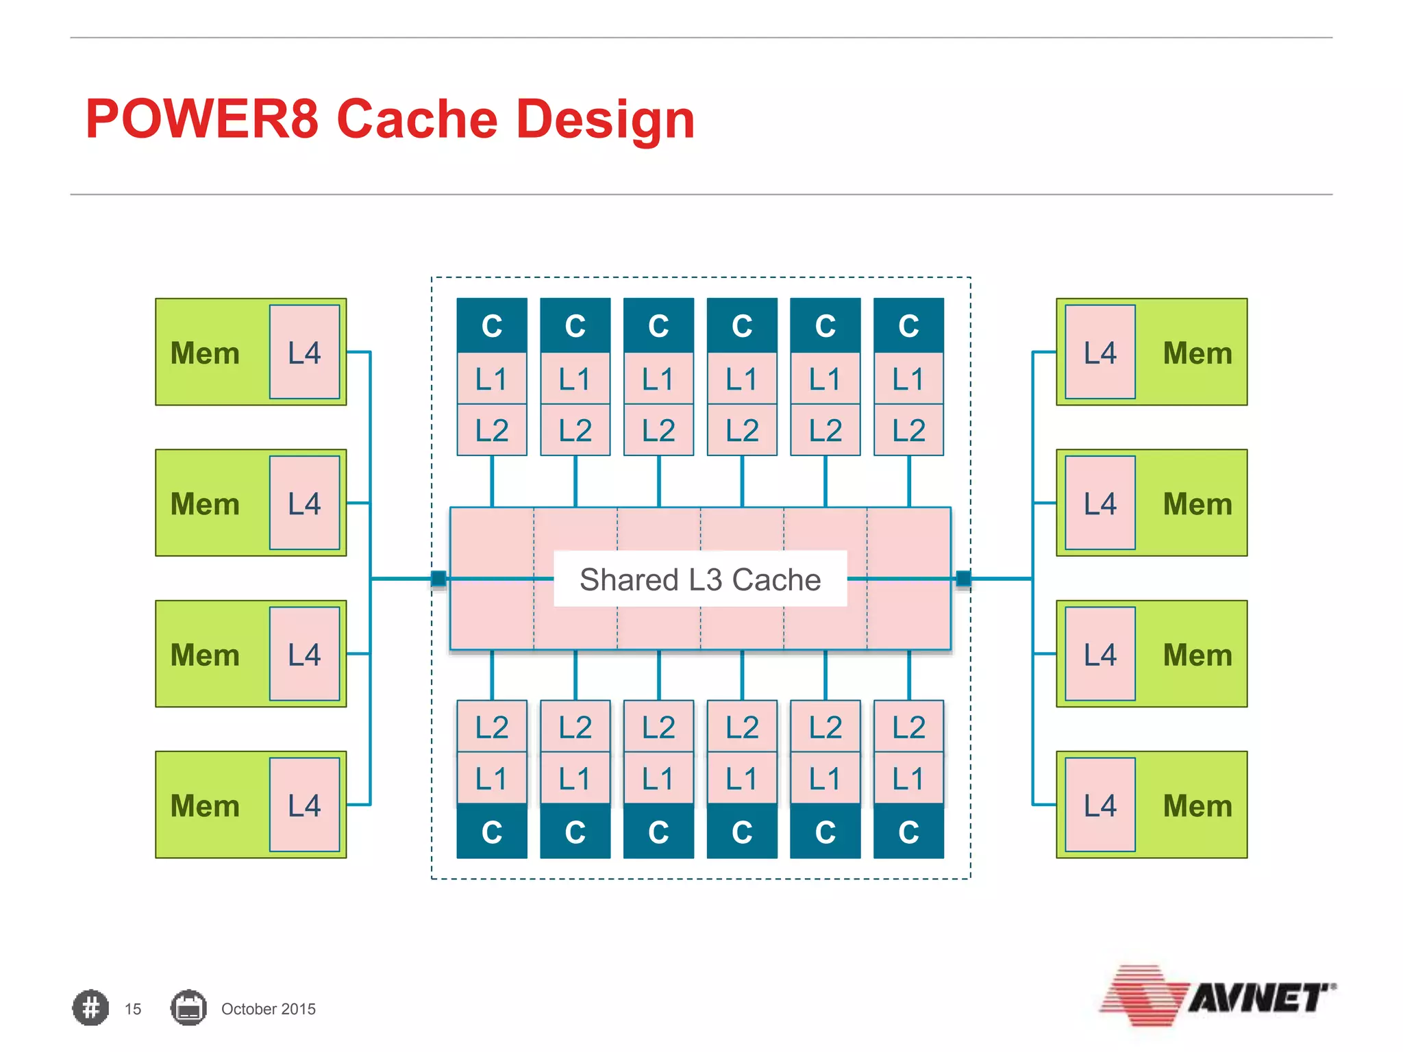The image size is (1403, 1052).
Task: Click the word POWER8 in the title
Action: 202,119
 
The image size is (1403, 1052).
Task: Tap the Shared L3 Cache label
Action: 699,579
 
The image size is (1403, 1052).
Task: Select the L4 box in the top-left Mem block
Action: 304,352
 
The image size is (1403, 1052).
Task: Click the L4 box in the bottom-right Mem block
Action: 1100,805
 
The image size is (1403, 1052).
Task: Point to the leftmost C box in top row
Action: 492,325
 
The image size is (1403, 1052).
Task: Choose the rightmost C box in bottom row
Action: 908,831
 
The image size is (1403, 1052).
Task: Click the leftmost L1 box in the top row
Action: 492,379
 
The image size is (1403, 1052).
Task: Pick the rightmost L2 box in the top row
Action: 908,430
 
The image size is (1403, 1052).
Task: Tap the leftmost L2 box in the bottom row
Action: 492,727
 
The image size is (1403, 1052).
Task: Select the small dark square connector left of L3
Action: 438,579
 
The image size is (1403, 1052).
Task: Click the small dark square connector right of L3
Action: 963,579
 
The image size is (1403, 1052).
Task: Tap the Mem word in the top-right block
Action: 1197,353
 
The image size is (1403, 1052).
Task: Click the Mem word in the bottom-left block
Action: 205,805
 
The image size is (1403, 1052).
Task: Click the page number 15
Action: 133,1009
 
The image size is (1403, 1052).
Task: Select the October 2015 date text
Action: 268,1009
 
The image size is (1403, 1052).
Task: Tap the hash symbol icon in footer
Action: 90,1007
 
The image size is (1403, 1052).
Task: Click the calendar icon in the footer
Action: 188,1007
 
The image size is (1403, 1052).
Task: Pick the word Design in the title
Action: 606,119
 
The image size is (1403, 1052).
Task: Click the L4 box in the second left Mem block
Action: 304,503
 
